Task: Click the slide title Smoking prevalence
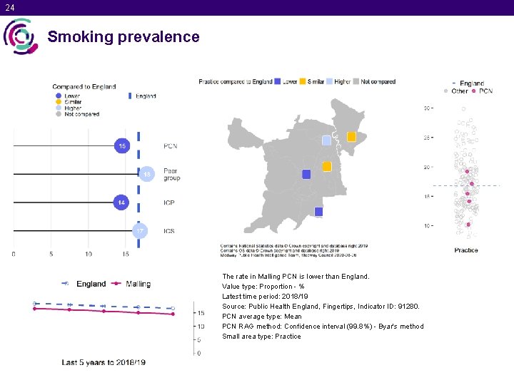point(124,36)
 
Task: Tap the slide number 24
point(9,8)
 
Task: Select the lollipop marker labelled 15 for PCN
point(122,146)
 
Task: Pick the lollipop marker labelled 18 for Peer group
point(146,174)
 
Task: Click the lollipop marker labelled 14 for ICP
point(122,202)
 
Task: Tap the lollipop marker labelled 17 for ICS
point(141,231)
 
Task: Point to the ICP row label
point(169,203)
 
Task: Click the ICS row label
point(169,231)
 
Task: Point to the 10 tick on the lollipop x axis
point(89,254)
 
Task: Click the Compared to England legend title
point(84,87)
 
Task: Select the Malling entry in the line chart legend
point(131,284)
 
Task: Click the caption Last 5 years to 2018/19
point(104,362)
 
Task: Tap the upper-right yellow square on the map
point(351,136)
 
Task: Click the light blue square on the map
point(326,140)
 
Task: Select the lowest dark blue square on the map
point(318,212)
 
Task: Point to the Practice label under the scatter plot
point(466,250)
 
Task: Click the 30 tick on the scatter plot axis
point(428,108)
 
